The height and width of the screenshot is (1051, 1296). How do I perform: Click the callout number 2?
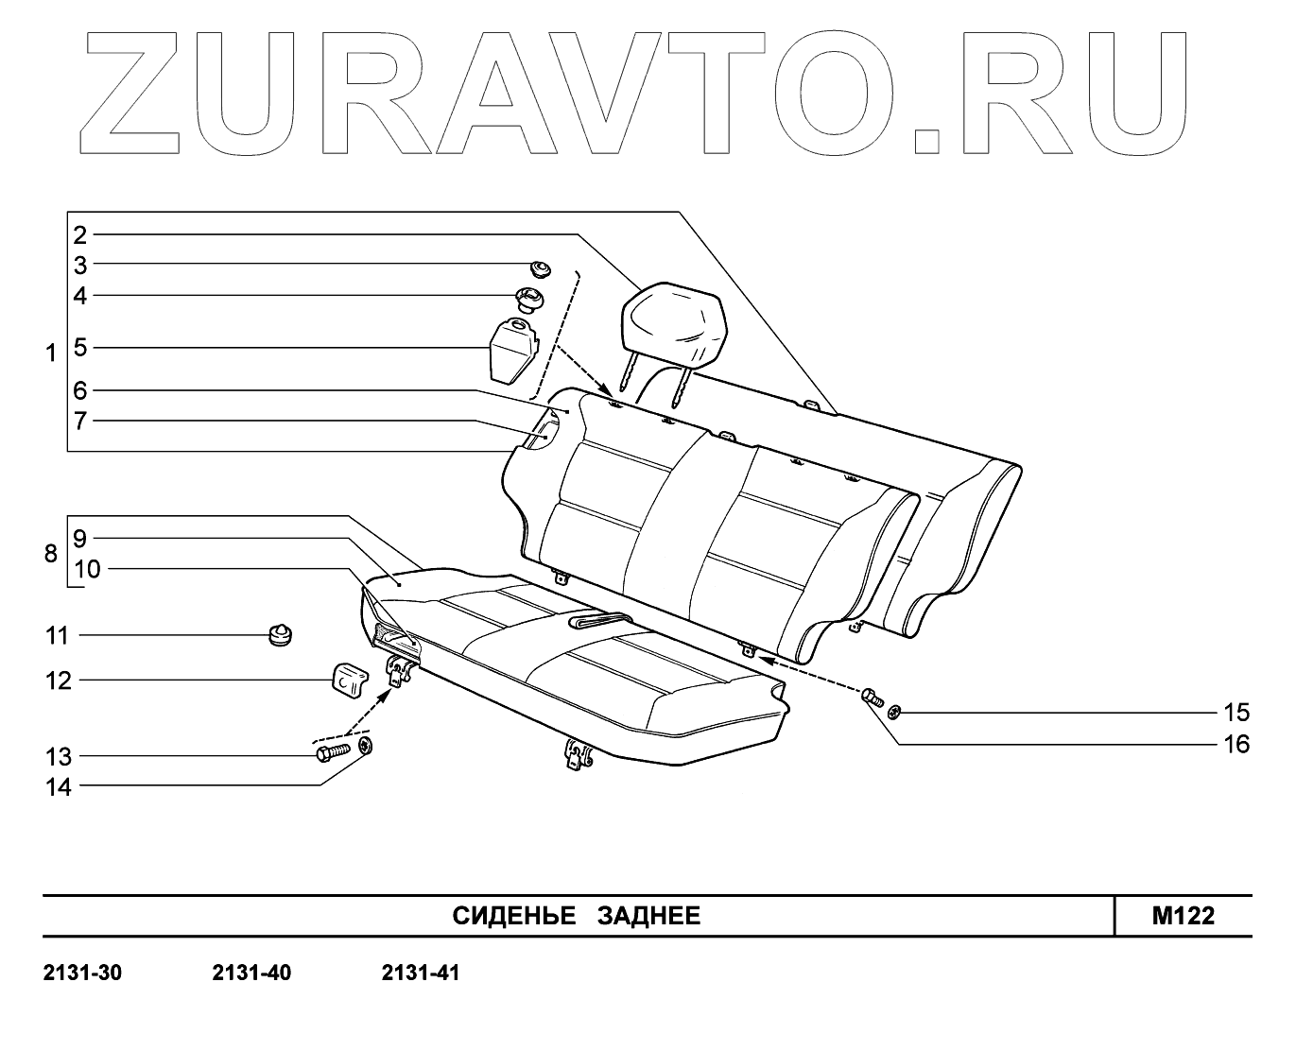point(80,233)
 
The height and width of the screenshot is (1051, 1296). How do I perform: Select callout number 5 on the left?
point(80,348)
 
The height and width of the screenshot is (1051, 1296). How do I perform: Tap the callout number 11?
point(59,635)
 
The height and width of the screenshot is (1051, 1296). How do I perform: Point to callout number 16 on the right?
point(1236,744)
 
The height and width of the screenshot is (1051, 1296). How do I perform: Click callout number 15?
point(1236,712)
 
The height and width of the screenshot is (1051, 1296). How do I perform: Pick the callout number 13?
point(59,756)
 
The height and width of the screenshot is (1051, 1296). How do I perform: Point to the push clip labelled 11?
point(281,635)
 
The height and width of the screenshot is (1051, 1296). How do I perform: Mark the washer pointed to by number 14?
point(367,747)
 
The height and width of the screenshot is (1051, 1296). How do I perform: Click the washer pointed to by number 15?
point(895,711)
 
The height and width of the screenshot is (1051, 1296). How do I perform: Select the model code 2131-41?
point(421,973)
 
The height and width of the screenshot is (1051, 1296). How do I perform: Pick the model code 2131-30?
point(83,973)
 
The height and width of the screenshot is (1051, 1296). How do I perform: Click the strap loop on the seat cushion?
point(599,620)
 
